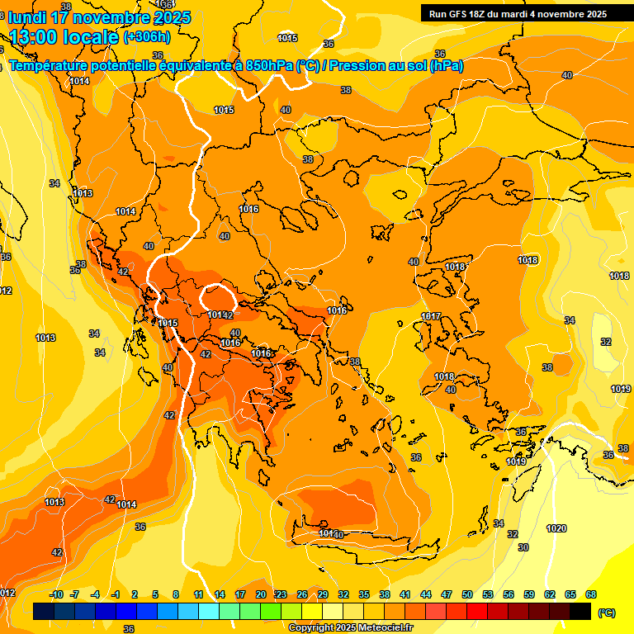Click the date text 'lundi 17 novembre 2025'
[x=99, y=17]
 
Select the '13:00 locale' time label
[x=64, y=37]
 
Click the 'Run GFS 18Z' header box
[x=518, y=13]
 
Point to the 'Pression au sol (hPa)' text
[x=397, y=66]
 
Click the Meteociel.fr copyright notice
[x=350, y=627]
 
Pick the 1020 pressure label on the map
[x=556, y=528]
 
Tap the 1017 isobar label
[x=430, y=317]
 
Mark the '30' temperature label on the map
[x=523, y=547]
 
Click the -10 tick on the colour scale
[x=56, y=595]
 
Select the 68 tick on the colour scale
[x=591, y=595]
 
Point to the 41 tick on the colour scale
[x=405, y=595]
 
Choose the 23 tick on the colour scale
[x=282, y=595]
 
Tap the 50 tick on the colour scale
[x=467, y=595]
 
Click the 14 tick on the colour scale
[x=220, y=595]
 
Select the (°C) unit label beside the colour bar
[x=606, y=613]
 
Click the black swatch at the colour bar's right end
[x=580, y=611]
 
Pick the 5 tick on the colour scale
[x=156, y=595]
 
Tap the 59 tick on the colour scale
[x=529, y=595]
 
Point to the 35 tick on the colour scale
[x=364, y=595]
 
